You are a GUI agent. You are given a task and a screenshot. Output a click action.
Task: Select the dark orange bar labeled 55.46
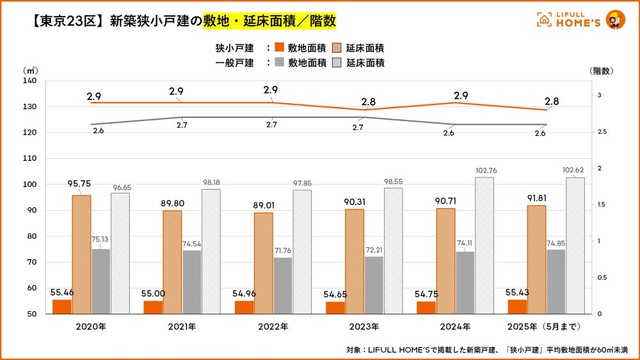coord(62,306)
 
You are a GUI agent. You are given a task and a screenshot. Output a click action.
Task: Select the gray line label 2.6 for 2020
coord(98,131)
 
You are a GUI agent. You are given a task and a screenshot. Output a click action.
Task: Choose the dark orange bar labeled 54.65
coord(337,307)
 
